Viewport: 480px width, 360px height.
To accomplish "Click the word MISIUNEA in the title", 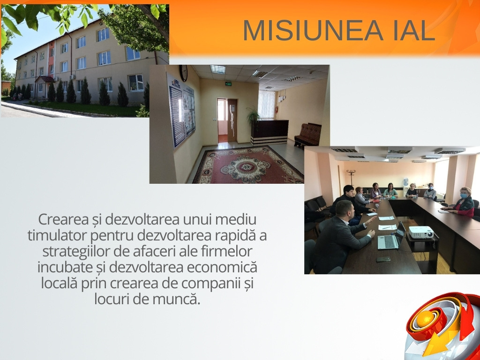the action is click(x=313, y=30).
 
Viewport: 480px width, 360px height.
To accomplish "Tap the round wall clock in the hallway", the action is click(x=183, y=73).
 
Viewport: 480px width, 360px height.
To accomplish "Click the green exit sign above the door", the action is click(x=228, y=83).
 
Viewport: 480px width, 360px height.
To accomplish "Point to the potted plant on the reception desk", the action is click(x=253, y=116).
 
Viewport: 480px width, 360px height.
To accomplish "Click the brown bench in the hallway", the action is click(x=307, y=135).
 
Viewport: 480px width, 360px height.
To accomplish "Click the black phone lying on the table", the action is click(x=383, y=259).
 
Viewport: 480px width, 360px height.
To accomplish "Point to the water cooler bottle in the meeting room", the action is click(x=405, y=181).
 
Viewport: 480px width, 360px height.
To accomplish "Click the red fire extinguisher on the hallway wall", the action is click(x=277, y=110).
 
